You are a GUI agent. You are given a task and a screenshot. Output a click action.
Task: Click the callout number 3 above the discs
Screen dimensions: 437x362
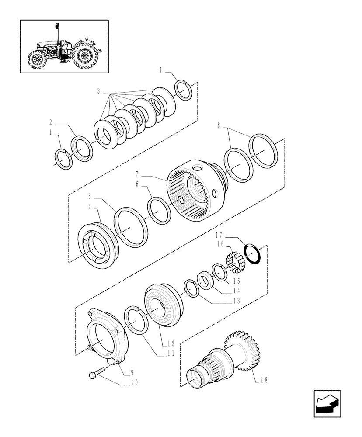tap(99, 91)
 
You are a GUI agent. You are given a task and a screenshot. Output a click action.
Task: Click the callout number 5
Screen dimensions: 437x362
tap(90, 197)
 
